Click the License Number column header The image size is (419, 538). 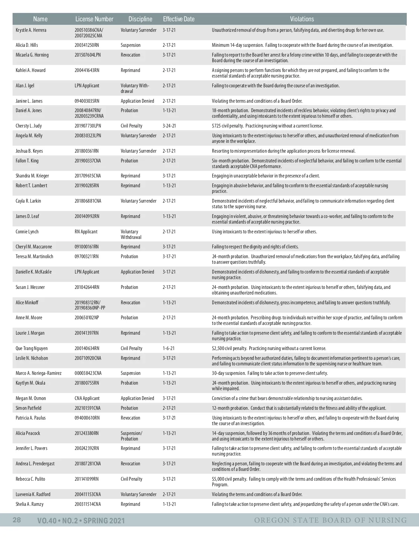(x=94, y=19)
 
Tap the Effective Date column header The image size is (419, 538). (x=178, y=19)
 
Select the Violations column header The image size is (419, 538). (x=302, y=19)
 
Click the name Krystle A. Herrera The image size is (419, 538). (x=31, y=30)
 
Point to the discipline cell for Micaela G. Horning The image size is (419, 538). (x=131, y=55)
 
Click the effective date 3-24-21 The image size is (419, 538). (x=169, y=126)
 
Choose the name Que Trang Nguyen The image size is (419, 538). (x=32, y=348)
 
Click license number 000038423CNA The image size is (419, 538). (x=88, y=373)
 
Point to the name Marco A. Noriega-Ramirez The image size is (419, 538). (x=38, y=373)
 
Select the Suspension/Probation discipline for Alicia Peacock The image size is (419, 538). (x=131, y=436)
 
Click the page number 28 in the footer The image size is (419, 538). (x=17, y=520)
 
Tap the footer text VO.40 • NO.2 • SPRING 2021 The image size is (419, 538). (x=81, y=521)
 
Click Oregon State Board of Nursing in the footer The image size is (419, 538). (x=330, y=521)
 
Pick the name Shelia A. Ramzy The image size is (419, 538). (x=30, y=504)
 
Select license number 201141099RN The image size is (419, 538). (x=87, y=479)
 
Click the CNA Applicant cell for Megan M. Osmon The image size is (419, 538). (x=87, y=398)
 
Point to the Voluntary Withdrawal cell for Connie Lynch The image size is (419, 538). (x=131, y=234)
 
